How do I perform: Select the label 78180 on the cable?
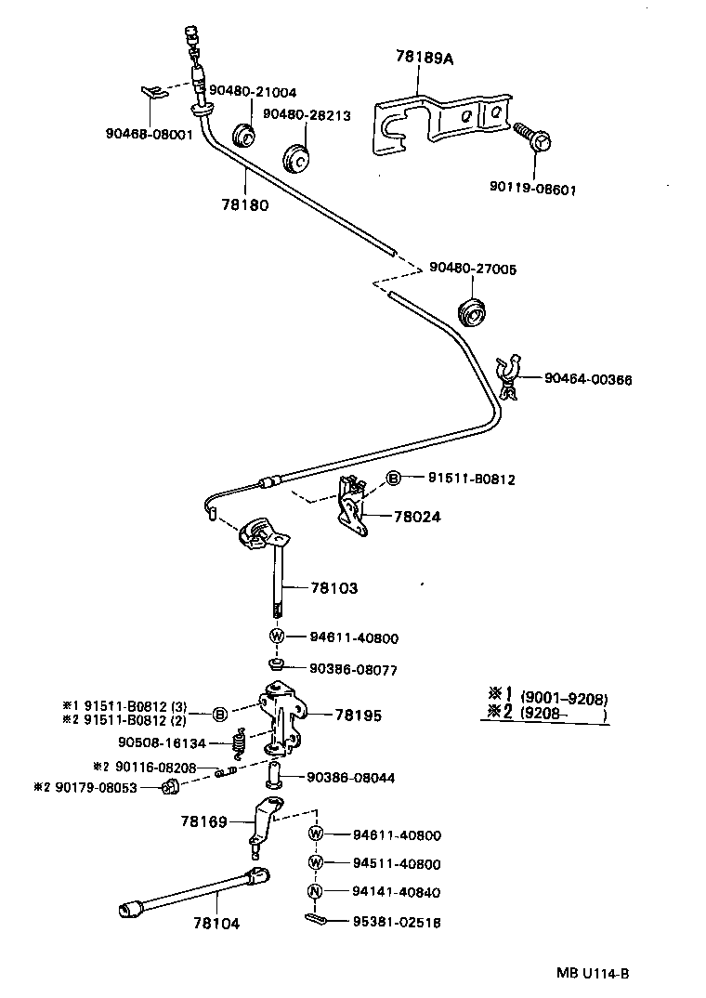(245, 205)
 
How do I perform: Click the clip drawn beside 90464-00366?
(510, 376)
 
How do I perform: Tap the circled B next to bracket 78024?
(393, 479)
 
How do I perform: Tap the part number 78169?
(203, 821)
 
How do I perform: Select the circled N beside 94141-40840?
(315, 892)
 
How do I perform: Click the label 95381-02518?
(383, 923)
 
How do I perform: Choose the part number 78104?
(216, 923)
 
